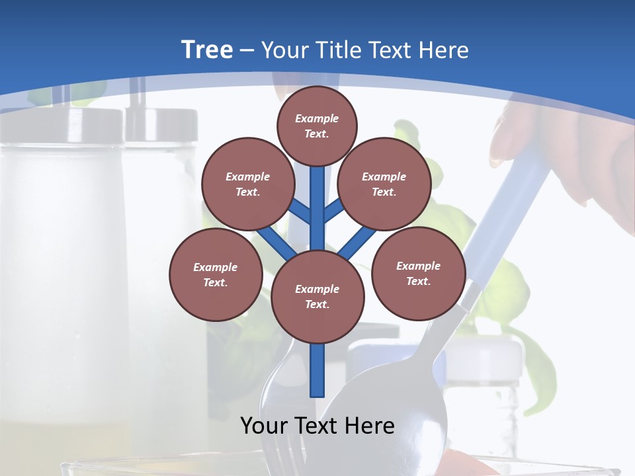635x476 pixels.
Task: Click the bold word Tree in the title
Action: (x=207, y=50)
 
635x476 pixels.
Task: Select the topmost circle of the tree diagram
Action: (x=317, y=126)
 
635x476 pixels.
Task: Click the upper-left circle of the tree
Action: (x=247, y=184)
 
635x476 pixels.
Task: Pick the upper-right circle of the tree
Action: (x=384, y=184)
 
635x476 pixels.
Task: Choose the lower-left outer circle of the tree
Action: (x=216, y=274)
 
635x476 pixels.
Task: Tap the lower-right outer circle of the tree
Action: (x=418, y=273)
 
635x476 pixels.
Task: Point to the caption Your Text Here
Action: (x=317, y=426)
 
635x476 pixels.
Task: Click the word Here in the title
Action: (x=446, y=50)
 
